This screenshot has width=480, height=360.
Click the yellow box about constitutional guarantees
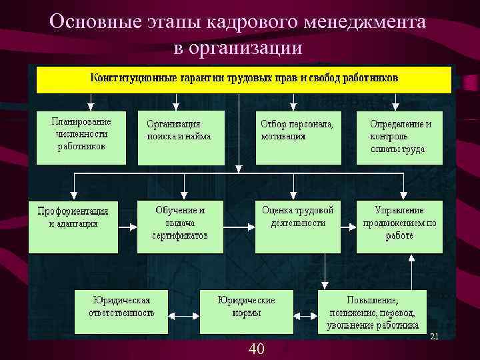(x=244, y=79)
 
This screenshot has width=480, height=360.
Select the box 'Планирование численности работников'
(x=81, y=137)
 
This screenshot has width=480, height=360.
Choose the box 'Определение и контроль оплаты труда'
(x=400, y=137)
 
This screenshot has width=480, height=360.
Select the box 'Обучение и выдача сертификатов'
(x=180, y=225)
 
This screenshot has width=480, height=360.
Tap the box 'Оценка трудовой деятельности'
(x=298, y=225)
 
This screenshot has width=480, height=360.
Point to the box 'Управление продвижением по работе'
(x=399, y=225)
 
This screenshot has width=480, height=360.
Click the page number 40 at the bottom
(x=256, y=348)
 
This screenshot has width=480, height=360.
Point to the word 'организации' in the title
(x=246, y=48)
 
